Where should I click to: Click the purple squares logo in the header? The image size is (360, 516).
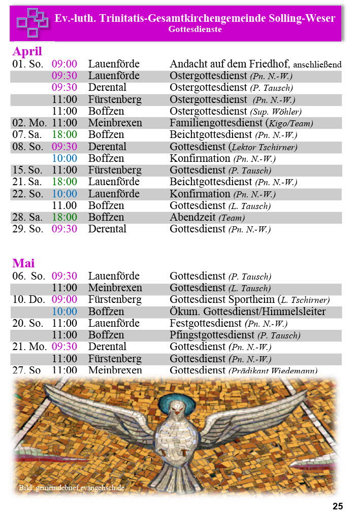coord(32,23)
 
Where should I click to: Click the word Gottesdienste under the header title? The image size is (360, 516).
coord(195,29)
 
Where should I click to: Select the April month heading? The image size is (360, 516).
coord(27,51)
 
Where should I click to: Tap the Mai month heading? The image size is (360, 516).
coord(23,263)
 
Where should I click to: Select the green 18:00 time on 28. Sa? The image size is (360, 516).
coord(64,217)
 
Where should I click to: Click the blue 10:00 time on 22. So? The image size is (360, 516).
coord(64,194)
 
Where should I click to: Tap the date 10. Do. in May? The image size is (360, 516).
coord(29,300)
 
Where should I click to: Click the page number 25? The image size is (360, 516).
coord(338,506)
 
